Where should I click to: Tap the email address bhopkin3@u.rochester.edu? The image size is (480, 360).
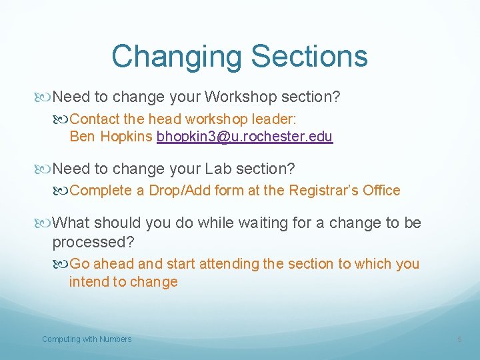point(245,137)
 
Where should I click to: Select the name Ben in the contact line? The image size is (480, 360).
point(82,137)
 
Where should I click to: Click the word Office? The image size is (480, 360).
point(381,191)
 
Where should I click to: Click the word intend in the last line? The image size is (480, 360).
point(89,281)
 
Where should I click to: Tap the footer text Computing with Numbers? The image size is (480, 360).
point(87,339)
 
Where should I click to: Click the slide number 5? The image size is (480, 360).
point(459,339)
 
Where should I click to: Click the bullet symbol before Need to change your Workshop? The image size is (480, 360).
point(45,97)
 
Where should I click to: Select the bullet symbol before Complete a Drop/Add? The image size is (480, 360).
point(62,191)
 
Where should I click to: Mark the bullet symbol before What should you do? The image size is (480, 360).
point(45,223)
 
